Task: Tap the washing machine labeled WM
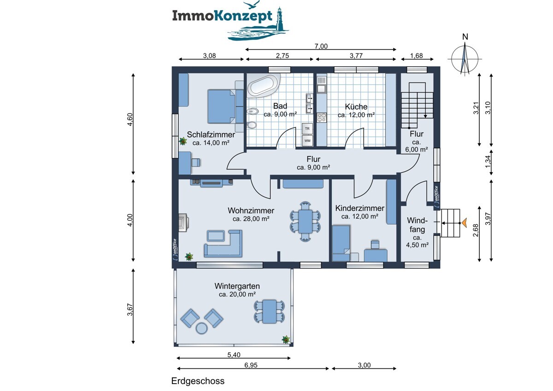pyautogui.click(x=307, y=141)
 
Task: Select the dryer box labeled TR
pyautogui.click(x=307, y=129)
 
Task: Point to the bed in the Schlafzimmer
pyautogui.click(x=222, y=106)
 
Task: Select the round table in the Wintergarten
pyautogui.click(x=202, y=328)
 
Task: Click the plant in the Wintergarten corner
pyautogui.click(x=286, y=339)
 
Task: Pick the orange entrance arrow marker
pyautogui.click(x=465, y=223)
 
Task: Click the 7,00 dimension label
pyautogui.click(x=321, y=46)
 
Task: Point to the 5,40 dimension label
pyautogui.click(x=234, y=355)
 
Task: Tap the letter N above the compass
pyautogui.click(x=465, y=37)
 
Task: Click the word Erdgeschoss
pyautogui.click(x=198, y=381)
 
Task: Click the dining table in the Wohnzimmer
pyautogui.click(x=306, y=221)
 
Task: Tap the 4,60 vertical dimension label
pyautogui.click(x=130, y=119)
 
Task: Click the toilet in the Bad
pyautogui.click(x=252, y=125)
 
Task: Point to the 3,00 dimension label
pyautogui.click(x=364, y=365)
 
